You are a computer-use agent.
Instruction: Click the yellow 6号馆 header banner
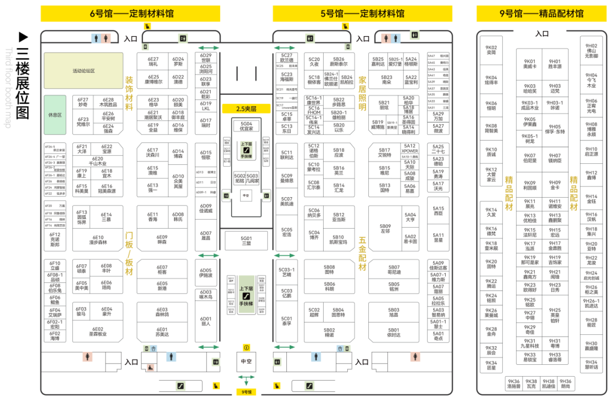click(x=130, y=14)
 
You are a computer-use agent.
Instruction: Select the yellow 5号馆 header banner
click(x=362, y=14)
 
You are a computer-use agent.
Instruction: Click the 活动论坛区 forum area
click(x=84, y=71)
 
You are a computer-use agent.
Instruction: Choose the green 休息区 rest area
click(x=55, y=115)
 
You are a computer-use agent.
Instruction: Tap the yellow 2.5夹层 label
click(x=246, y=108)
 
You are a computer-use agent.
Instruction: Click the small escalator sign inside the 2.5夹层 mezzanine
click(x=246, y=149)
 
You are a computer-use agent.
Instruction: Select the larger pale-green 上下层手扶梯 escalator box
click(x=246, y=294)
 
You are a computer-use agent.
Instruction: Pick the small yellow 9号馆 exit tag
click(x=246, y=391)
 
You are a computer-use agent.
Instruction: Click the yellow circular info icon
click(x=246, y=347)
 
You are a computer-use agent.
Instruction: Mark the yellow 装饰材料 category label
click(x=129, y=93)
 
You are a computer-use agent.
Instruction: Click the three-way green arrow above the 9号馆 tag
click(x=246, y=378)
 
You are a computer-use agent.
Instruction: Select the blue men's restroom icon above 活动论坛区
click(x=96, y=38)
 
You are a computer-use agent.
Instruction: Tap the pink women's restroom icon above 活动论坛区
click(x=106, y=38)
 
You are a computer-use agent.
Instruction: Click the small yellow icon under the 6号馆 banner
click(x=147, y=26)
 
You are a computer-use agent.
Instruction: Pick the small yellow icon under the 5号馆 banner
click(x=346, y=26)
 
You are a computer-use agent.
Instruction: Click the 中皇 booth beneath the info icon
click(x=246, y=361)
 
